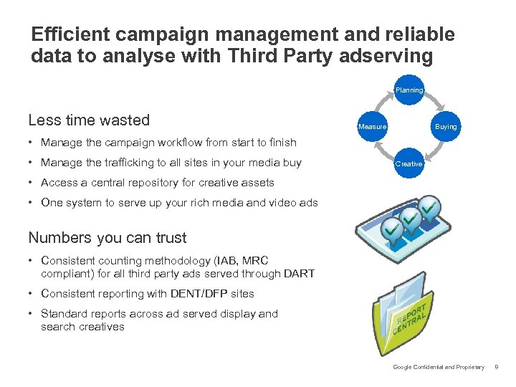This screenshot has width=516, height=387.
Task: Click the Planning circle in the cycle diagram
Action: tap(409, 90)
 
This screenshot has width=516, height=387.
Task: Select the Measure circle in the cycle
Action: tap(373, 127)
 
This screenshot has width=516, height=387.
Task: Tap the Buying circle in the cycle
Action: tap(446, 127)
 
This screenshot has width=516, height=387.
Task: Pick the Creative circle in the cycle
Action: tap(409, 163)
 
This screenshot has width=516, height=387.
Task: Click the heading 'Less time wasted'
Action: tap(89, 120)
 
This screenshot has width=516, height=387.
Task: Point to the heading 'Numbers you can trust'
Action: tap(107, 238)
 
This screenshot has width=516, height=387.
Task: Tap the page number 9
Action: tap(497, 368)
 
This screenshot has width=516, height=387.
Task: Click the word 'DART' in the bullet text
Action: tap(297, 273)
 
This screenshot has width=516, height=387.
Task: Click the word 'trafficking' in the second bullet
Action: tap(118, 163)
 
